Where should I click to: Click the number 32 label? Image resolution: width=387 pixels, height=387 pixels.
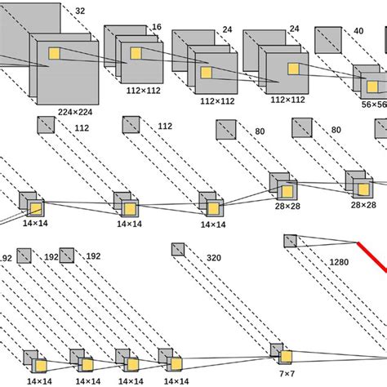tap(79, 11)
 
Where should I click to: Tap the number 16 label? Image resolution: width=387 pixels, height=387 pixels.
tap(156, 27)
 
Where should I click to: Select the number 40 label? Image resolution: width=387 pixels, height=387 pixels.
tap(359, 31)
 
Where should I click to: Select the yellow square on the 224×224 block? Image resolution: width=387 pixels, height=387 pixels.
tap(55, 54)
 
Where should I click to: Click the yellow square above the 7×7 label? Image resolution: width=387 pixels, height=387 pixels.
tap(285, 355)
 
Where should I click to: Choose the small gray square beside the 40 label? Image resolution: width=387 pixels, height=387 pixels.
tap(329, 38)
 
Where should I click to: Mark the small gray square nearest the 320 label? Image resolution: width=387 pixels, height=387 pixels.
tap(179, 250)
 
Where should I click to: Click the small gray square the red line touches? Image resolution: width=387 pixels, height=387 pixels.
tap(291, 240)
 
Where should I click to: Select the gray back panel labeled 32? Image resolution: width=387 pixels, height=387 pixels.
tap(29, 20)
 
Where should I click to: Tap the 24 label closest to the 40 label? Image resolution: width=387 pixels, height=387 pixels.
tap(294, 29)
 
